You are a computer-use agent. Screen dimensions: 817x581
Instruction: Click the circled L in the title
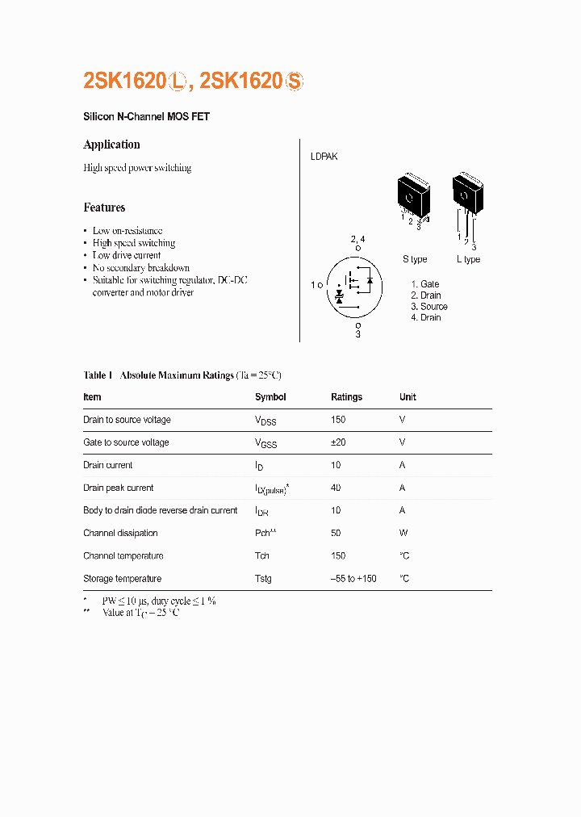(x=178, y=81)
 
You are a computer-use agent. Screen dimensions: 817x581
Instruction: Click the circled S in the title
(x=295, y=81)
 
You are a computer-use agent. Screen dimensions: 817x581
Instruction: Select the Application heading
(x=111, y=145)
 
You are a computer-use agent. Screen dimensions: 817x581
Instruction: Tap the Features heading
(x=104, y=207)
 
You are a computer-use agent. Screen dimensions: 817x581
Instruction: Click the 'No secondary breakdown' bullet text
(x=140, y=267)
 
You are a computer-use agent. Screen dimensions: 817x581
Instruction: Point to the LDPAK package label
(x=324, y=157)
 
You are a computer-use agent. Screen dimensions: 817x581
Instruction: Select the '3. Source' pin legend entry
(x=429, y=307)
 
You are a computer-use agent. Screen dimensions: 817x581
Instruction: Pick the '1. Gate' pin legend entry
(x=425, y=284)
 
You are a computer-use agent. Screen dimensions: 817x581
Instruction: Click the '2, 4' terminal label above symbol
(x=357, y=240)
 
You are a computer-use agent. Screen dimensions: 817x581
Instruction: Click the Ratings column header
(x=346, y=397)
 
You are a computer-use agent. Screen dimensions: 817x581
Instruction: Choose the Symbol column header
(x=270, y=397)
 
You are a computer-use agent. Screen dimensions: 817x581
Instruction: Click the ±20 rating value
(x=338, y=442)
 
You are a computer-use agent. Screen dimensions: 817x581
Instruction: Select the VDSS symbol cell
(x=265, y=421)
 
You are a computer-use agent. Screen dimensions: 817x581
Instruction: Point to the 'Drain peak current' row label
(x=118, y=488)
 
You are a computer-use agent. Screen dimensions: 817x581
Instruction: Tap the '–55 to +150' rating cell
(x=353, y=579)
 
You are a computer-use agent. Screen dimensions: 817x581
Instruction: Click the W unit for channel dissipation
(x=403, y=533)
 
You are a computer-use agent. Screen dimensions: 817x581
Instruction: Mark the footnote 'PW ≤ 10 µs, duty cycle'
(x=158, y=601)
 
